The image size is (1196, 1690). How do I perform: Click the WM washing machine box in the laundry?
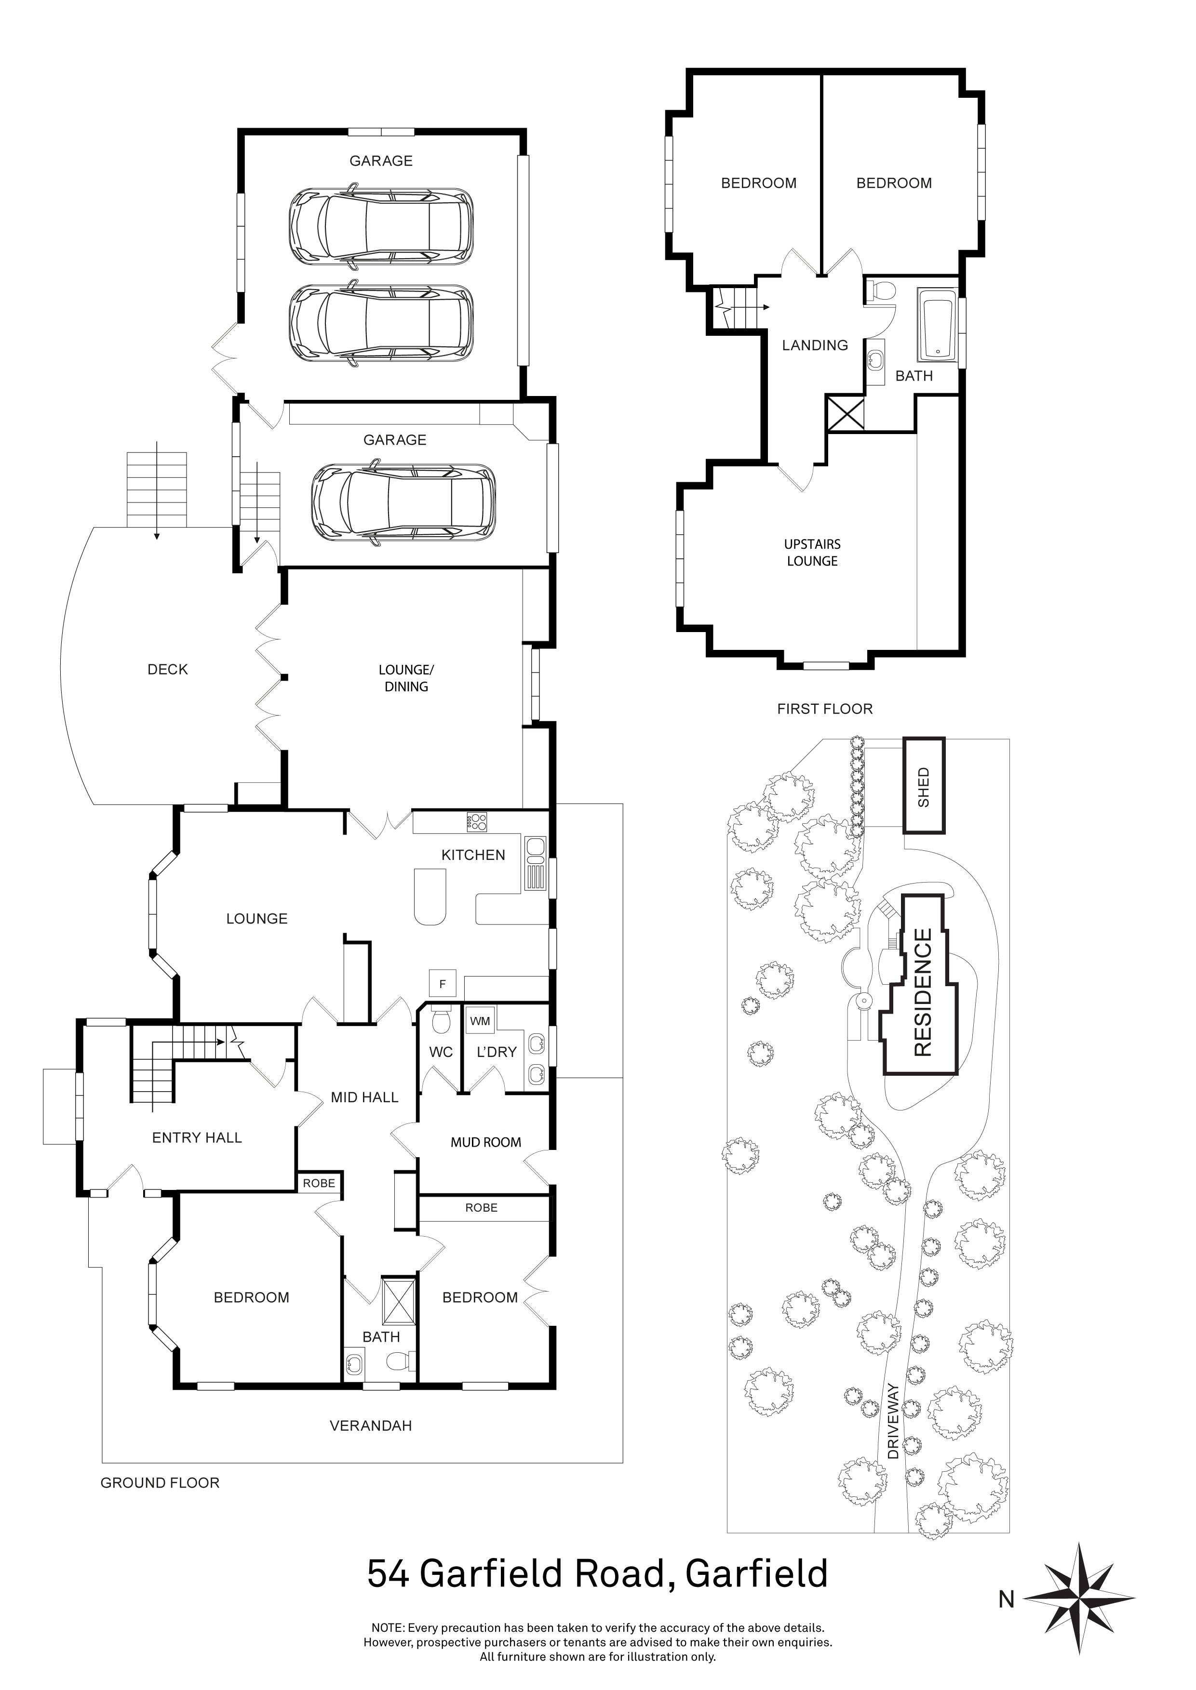480,1021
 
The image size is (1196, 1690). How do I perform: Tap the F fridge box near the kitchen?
443,983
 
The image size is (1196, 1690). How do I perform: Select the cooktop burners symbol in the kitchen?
476,821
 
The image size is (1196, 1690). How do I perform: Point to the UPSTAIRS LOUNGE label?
812,552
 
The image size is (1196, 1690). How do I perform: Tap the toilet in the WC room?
441,1022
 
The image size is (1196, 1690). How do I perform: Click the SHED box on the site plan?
924,786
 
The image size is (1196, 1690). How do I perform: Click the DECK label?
168,669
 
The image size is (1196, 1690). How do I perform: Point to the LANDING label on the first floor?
815,345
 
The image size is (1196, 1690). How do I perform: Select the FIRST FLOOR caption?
825,709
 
